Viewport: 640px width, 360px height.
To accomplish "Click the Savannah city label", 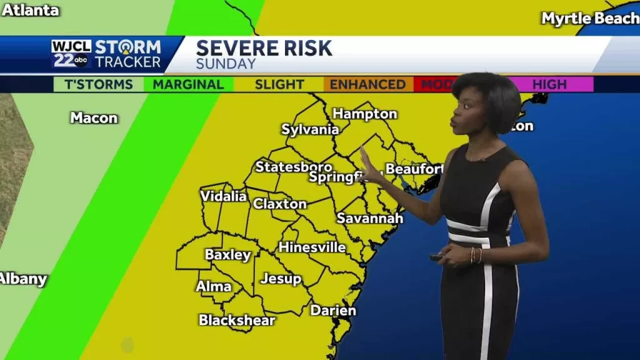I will click(369, 218).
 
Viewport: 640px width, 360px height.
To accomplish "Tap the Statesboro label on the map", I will click(293, 167).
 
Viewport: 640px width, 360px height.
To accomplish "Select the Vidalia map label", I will click(223, 196).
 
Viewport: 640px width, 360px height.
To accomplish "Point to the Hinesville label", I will click(312, 247).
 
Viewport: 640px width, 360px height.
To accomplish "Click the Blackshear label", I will click(237, 320).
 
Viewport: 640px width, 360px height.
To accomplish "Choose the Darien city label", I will click(333, 311).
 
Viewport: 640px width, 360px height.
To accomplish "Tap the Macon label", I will click(94, 117).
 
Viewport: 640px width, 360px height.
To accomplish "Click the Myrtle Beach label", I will click(590, 19).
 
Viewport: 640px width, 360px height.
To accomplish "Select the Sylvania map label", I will click(310, 130).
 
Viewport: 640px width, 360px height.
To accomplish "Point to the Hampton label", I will click(364, 114).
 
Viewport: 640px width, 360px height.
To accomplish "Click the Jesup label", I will click(281, 279).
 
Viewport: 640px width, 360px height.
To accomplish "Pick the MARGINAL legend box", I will click(188, 84).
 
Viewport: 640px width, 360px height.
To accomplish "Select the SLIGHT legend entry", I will click(279, 84).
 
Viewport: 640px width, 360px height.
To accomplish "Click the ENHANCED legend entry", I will click(367, 84).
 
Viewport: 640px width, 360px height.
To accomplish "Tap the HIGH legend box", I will click(549, 84).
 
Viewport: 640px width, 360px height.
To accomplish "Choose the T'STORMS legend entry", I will click(98, 84).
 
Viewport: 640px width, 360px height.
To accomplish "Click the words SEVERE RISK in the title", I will click(264, 48).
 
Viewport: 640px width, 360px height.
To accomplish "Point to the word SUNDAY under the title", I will click(226, 64).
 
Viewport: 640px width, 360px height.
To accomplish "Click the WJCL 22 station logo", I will click(71, 54).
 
